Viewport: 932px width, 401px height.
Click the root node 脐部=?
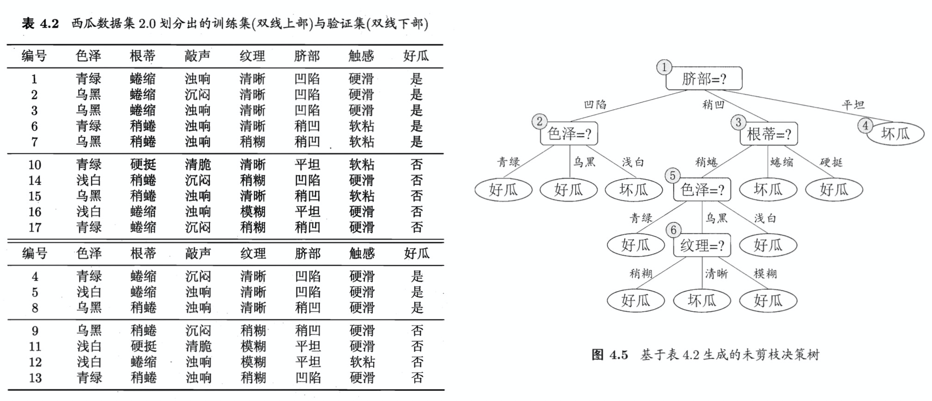pyautogui.click(x=704, y=79)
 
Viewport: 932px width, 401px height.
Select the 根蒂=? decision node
pyautogui.click(x=768, y=134)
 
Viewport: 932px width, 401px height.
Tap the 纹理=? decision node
pyautogui.click(x=702, y=245)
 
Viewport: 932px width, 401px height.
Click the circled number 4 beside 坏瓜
pyautogui.click(x=865, y=125)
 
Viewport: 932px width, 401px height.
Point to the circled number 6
pyautogui.click(x=674, y=230)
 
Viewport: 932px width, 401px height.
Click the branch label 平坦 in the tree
pyautogui.click(x=853, y=105)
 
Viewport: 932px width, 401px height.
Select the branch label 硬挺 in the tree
pyautogui.click(x=831, y=162)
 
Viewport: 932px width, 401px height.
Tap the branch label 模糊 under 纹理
pyautogui.click(x=765, y=274)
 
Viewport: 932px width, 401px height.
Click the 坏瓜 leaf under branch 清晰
pyautogui.click(x=702, y=301)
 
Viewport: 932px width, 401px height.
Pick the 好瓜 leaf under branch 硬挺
pyautogui.click(x=834, y=189)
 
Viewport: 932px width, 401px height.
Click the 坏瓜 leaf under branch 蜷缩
pyautogui.click(x=768, y=189)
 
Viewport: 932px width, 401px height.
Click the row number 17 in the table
pyautogui.click(x=35, y=227)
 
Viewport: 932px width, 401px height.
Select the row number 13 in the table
pyautogui.click(x=35, y=378)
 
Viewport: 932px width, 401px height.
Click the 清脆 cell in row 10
pyautogui.click(x=198, y=165)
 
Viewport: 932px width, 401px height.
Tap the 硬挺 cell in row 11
pyautogui.click(x=144, y=346)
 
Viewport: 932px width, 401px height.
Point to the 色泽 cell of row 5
pyautogui.click(x=89, y=292)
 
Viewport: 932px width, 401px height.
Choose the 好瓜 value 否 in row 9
pyautogui.click(x=417, y=331)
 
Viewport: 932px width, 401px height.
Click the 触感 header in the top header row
pyautogui.click(x=361, y=56)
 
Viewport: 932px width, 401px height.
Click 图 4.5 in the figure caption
pyautogui.click(x=610, y=355)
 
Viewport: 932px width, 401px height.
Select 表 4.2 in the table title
pyautogui.click(x=40, y=24)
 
